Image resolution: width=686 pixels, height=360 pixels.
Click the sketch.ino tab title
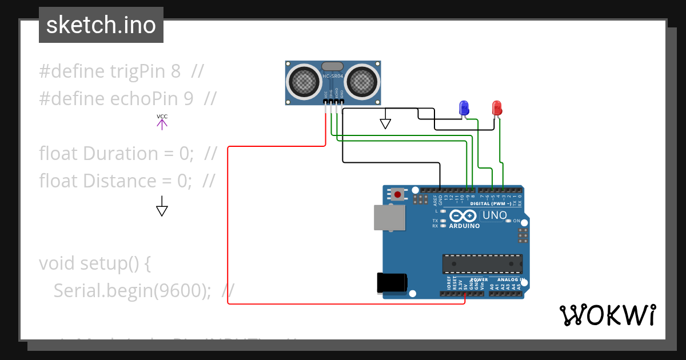101,25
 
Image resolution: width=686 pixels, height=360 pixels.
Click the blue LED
464,107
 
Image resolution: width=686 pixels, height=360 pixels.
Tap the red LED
497,107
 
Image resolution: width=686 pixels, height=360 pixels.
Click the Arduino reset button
397,194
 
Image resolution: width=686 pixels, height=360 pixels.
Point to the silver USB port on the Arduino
389,218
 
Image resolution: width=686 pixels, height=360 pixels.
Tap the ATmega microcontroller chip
482,263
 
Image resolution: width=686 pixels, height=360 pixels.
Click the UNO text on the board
494,215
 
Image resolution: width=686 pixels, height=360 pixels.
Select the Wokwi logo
607,315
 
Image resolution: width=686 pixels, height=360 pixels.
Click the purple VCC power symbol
162,122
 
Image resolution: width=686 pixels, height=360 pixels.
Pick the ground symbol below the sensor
385,122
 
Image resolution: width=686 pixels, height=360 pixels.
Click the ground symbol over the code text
162,209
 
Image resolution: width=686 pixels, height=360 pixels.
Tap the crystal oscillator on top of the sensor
333,67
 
